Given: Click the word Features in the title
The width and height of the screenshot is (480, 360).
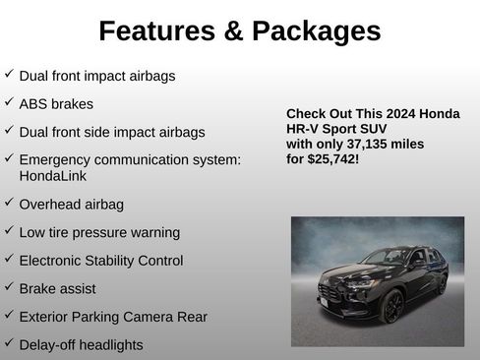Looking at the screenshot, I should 156,31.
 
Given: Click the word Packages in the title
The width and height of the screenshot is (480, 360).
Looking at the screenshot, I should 316,31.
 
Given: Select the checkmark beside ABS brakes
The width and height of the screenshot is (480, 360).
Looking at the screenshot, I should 9,101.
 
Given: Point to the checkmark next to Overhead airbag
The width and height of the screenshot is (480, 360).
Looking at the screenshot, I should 9,204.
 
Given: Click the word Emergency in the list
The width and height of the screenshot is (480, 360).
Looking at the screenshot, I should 55,159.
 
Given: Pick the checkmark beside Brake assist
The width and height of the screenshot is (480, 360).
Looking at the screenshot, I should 9,288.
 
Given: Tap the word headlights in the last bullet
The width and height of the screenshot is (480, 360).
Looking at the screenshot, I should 108,345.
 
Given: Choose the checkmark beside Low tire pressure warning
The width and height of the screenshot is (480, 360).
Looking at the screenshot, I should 9,231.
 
